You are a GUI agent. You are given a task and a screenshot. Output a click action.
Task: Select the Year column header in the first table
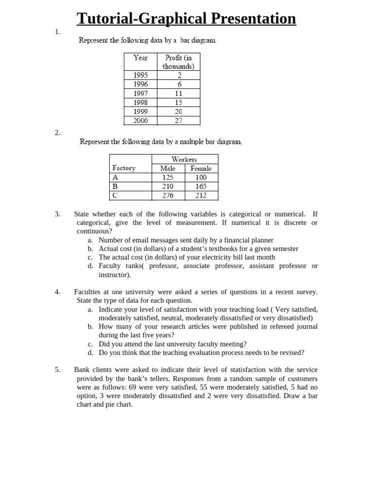coord(140,58)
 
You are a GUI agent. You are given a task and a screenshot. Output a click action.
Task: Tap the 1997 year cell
coord(140,93)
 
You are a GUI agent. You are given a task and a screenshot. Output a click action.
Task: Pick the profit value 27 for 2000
coord(178,121)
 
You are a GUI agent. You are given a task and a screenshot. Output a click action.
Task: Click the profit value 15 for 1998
coord(178,102)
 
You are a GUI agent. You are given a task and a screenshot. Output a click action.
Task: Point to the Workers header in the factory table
coord(185,159)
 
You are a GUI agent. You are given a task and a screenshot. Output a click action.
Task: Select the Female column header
coord(201,168)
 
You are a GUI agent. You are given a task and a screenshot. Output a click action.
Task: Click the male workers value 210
coord(168,186)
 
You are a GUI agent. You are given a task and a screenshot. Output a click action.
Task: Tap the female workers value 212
coord(201,196)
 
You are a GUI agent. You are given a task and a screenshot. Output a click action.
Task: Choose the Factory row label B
coord(115,186)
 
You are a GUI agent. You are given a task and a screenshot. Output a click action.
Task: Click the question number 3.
coord(57,214)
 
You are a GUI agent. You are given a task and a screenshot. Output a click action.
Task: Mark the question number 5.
coord(57,370)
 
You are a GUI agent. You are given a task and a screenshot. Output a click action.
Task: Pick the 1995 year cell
coord(140,75)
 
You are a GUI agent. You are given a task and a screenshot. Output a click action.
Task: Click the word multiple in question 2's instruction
coord(192,142)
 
